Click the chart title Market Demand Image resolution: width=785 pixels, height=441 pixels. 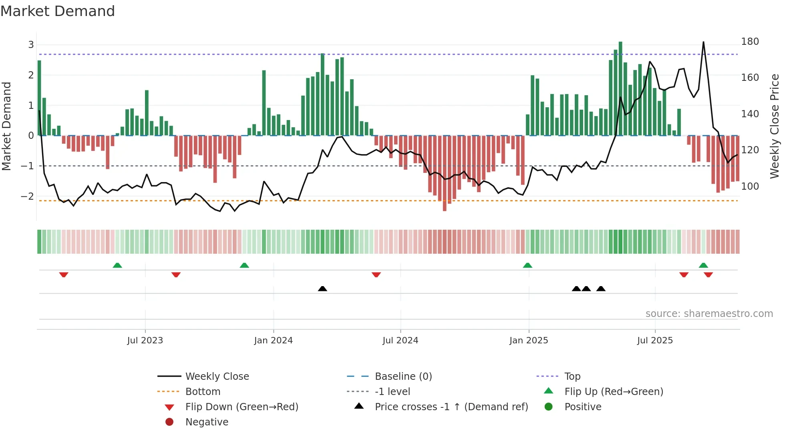(x=58, y=11)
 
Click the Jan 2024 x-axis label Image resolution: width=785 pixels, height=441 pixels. (x=273, y=341)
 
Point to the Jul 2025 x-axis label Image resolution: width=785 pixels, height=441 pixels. (x=655, y=341)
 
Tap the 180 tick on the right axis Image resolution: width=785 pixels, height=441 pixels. (x=750, y=42)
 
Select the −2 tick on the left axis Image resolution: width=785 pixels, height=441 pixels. (x=28, y=196)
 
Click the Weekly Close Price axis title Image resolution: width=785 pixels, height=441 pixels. (x=775, y=126)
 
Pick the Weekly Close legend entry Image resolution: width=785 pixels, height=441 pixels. (x=217, y=377)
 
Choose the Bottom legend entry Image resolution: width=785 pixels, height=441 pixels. (x=203, y=392)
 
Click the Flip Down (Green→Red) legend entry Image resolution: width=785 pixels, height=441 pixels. (x=242, y=407)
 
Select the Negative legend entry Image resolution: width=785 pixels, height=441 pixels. (x=207, y=422)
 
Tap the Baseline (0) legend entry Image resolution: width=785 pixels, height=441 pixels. (x=403, y=377)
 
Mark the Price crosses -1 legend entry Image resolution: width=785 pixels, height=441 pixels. (x=451, y=407)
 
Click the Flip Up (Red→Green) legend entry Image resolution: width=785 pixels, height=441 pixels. (x=614, y=392)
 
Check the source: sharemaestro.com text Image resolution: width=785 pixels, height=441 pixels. (x=709, y=314)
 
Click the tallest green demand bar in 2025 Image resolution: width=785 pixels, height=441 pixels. (x=620, y=88)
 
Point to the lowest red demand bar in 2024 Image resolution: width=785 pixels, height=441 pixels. (x=445, y=173)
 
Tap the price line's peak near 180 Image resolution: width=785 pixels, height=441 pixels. (x=703, y=42)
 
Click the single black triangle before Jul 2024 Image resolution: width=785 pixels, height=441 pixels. (x=322, y=289)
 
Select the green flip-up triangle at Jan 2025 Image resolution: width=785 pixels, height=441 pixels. (x=527, y=265)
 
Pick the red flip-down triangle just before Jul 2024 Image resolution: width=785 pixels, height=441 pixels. (x=376, y=275)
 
